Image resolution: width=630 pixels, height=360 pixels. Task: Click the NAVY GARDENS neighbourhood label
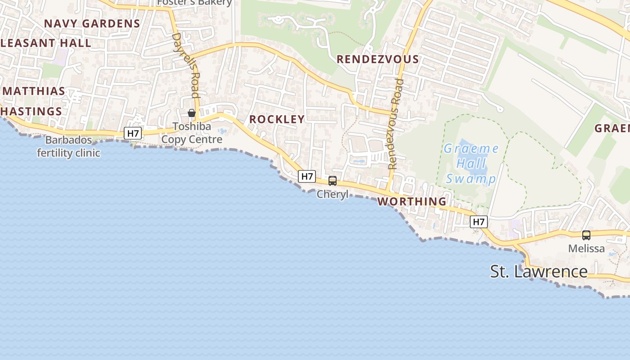click(x=92, y=23)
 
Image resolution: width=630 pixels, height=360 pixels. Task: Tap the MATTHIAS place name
click(x=34, y=91)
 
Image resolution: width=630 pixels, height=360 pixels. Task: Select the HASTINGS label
click(x=31, y=111)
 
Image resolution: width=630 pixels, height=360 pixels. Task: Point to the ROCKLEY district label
click(x=277, y=119)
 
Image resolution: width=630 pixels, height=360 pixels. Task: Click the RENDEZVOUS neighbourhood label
click(x=378, y=59)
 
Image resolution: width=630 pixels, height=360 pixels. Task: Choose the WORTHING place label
click(x=412, y=201)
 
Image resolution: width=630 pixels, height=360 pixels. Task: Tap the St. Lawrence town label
click(x=539, y=271)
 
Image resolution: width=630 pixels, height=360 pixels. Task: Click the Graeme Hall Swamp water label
click(x=471, y=164)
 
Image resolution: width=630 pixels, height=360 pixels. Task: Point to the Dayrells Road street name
click(x=185, y=65)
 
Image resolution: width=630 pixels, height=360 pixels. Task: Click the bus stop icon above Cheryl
click(x=333, y=181)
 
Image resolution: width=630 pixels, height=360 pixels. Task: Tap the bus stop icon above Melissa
click(x=586, y=235)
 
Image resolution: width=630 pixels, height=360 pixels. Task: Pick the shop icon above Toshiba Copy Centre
click(x=192, y=113)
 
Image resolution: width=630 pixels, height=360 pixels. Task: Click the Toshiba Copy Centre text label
click(x=192, y=133)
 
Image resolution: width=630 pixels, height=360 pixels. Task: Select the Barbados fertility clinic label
click(x=68, y=146)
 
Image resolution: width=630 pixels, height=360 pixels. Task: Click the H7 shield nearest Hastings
click(x=133, y=133)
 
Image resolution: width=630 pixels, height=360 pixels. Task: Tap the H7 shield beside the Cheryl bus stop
click(x=306, y=176)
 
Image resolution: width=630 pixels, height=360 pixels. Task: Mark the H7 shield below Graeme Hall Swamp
click(x=479, y=221)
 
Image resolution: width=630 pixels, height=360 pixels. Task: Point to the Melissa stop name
click(x=586, y=248)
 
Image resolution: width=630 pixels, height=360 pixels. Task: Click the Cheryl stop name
click(x=333, y=194)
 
